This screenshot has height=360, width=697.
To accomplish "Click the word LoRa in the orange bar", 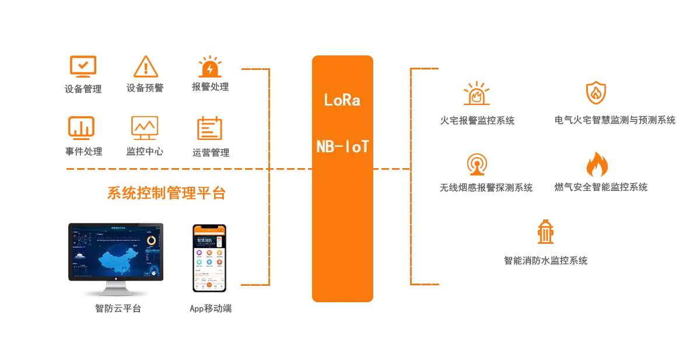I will (x=342, y=100).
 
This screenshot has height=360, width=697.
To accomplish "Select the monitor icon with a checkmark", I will (x=83, y=65).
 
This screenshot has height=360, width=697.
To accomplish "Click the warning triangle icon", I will (x=143, y=67).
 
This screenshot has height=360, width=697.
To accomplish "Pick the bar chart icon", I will (x=83, y=127).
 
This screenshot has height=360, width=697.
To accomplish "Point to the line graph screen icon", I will (x=144, y=127).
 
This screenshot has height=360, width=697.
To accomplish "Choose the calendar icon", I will (x=210, y=127).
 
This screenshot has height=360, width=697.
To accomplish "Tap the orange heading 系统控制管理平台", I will (x=167, y=193).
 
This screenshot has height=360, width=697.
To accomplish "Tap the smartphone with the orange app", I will (x=209, y=258).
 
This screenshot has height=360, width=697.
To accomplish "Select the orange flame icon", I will (x=596, y=165).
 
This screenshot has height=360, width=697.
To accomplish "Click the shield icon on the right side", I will (x=596, y=93).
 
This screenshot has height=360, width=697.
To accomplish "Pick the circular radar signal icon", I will (x=477, y=165).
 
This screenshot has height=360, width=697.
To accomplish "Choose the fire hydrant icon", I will (x=546, y=233).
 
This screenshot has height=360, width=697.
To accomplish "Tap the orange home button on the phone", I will (x=209, y=285).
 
